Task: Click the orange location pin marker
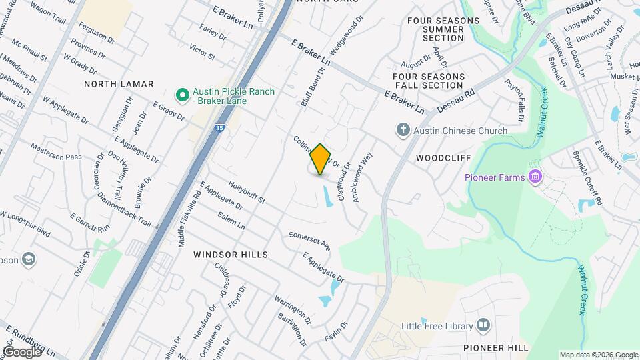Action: tap(320, 159)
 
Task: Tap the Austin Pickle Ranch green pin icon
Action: tap(181, 96)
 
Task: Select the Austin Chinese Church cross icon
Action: tap(402, 130)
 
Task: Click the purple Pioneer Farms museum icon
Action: tap(534, 177)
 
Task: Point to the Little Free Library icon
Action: tap(483, 326)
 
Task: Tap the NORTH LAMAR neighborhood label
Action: tap(119, 84)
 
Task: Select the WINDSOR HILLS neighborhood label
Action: tap(230, 255)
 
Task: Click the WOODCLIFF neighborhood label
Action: tap(443, 158)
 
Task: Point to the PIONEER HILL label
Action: tap(495, 348)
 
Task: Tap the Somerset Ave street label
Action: tap(310, 240)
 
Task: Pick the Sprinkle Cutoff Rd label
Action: tap(587, 178)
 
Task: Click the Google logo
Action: tap(22, 351)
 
